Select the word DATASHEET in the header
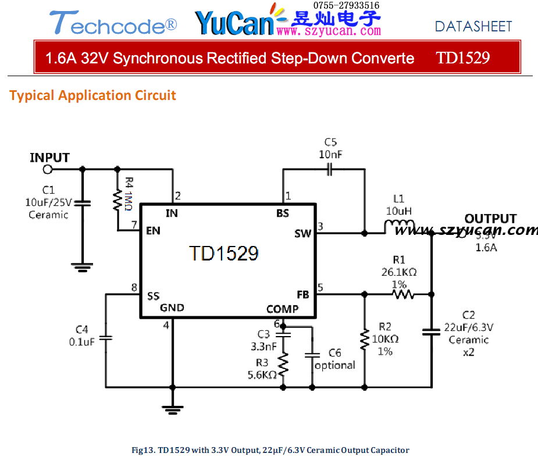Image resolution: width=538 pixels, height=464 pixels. [473, 26]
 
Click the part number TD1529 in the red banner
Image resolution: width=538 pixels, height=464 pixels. [463, 58]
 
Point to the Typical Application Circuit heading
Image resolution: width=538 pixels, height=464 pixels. [92, 95]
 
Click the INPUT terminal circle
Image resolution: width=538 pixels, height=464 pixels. [48, 169]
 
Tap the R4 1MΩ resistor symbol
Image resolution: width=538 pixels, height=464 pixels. [117, 199]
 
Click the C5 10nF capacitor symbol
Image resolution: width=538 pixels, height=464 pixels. [329, 170]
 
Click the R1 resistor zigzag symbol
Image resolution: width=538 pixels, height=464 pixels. [403, 295]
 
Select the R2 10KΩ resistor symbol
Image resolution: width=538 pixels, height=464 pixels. [365, 340]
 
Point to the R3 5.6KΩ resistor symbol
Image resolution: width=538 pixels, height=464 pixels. [283, 365]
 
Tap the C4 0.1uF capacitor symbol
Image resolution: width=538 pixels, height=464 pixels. [106, 338]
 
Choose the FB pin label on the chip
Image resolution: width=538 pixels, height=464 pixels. [302, 295]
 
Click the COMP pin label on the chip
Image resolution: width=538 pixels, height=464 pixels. [283, 309]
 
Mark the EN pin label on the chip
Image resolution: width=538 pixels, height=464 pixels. [154, 231]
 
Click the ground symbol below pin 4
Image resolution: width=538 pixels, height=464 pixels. [172, 409]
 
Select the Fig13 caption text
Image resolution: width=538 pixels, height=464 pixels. [270, 450]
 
